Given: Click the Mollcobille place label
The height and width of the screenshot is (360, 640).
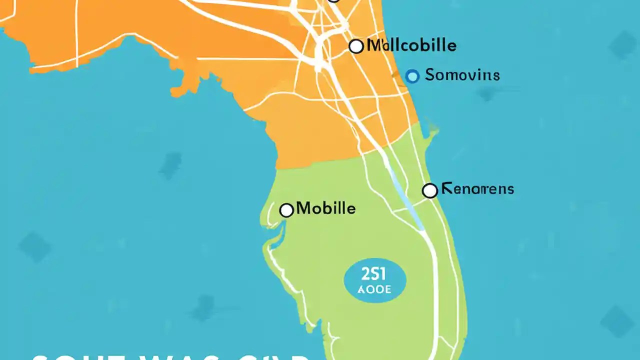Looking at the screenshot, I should point(411,46).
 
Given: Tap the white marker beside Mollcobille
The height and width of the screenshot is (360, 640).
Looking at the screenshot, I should point(356,46).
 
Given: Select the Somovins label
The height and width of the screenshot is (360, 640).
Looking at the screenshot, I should point(462,75).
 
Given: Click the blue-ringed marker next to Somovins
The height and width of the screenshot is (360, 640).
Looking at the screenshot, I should point(412,76).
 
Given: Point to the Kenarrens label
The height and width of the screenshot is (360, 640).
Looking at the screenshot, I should point(477,189).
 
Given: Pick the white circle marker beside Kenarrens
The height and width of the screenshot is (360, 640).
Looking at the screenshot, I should point(429,190).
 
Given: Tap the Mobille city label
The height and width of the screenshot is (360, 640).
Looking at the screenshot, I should point(326,208).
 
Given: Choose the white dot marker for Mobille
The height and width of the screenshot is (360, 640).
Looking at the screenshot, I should point(286,210).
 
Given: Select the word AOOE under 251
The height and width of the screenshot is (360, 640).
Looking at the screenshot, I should point(374,289).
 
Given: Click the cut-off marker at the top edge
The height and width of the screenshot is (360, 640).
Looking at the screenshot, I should point(334,1).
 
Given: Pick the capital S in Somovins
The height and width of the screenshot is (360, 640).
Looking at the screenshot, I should point(430,75).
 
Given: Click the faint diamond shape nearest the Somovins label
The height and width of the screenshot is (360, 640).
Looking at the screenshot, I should point(486,93).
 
